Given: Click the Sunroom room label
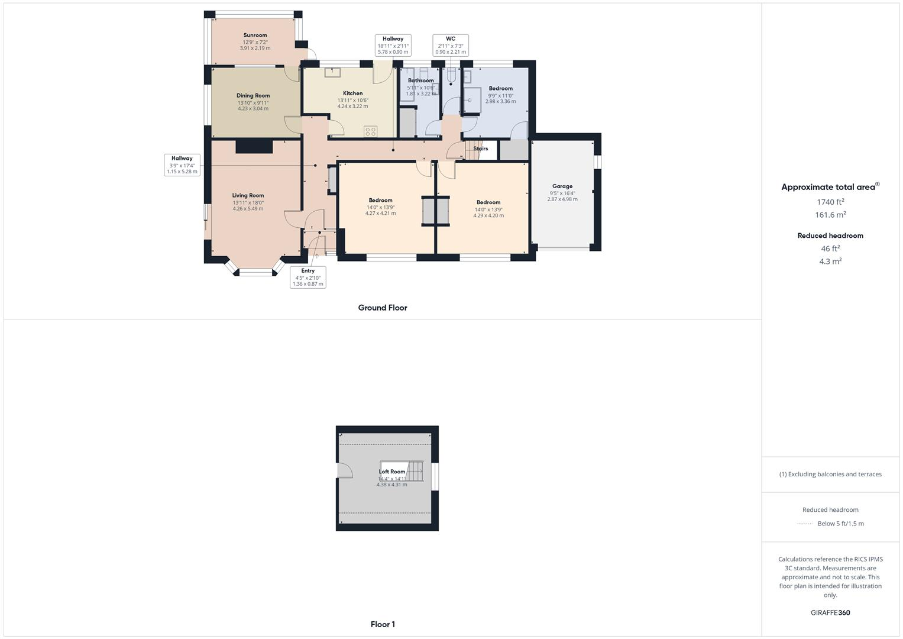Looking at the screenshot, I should (255, 35).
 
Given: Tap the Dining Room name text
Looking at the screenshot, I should (253, 96).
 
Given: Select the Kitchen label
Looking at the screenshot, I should (352, 93).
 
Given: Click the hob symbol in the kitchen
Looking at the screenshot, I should (371, 131).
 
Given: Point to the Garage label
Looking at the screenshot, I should (562, 186).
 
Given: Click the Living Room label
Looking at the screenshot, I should (248, 196).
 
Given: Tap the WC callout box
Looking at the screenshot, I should (451, 45).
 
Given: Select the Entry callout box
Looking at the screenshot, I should (308, 277).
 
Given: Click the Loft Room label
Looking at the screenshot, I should (392, 472).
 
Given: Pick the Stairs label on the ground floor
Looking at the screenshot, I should (481, 149).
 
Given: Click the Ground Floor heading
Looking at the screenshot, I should (383, 308).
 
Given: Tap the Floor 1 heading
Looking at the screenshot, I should (383, 624).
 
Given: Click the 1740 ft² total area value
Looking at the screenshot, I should (830, 202).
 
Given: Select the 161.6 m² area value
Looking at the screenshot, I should (830, 215).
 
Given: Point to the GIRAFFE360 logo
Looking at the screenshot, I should (830, 613).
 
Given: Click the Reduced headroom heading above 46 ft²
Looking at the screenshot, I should (830, 235).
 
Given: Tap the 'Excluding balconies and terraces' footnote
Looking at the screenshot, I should (830, 474).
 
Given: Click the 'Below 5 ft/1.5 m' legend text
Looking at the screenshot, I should (840, 524).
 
